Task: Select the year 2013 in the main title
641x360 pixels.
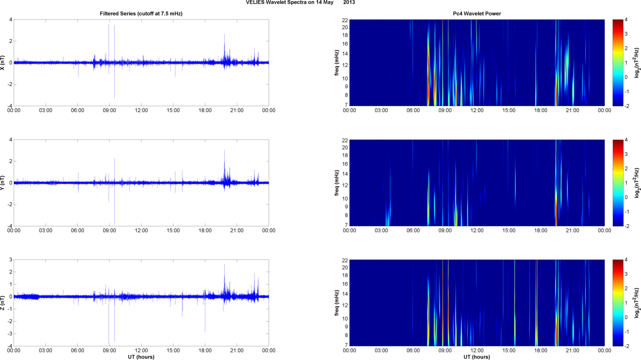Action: coord(349,3)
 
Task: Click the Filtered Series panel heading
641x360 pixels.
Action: coord(141,14)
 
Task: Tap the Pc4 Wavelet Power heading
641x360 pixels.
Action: coord(477,14)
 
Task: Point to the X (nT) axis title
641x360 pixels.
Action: coord(3,63)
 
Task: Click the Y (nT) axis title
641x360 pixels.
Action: coord(3,183)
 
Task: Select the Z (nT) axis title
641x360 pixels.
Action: coord(3,303)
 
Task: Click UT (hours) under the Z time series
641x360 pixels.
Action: coord(141,357)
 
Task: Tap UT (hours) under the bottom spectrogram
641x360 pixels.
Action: coord(477,357)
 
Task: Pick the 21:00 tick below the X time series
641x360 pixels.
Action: coord(237,110)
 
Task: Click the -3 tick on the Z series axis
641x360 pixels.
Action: coord(10,334)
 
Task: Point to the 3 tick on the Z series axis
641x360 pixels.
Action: coord(11,260)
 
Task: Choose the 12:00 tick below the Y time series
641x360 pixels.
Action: coord(141,231)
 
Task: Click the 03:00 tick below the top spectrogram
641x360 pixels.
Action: coord(381,110)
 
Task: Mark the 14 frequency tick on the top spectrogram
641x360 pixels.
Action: coord(345,54)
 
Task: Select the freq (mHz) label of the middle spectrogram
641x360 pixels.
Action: coord(337,183)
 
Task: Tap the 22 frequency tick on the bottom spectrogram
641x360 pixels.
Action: coord(345,260)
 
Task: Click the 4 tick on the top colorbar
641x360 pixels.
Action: coord(626,19)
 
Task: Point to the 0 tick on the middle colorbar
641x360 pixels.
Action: coord(626,197)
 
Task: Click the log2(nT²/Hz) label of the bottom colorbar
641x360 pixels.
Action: coord(637,303)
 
